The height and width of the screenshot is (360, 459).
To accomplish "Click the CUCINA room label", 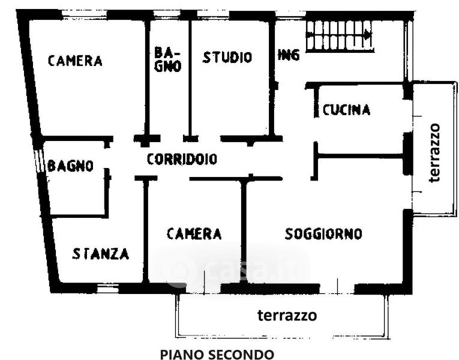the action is coord(346,110).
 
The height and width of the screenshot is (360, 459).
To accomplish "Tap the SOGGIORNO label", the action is coord(323,233).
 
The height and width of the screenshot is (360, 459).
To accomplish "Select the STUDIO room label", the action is coord(227,58).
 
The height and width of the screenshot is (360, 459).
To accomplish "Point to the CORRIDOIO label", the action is coord(182,160).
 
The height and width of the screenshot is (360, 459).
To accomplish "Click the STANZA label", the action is coord(101,254).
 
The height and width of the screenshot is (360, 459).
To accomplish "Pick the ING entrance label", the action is coord(289,55).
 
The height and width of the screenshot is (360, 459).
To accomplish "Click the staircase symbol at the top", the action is coord(340,35).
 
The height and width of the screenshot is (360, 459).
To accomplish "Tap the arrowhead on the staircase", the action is coord(367,35).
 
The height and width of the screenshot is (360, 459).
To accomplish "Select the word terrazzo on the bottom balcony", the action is coord(287,315).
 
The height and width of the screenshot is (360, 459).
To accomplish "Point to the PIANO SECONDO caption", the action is coord(217,354).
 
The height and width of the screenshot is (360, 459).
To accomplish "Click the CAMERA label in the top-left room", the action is coord(75,61).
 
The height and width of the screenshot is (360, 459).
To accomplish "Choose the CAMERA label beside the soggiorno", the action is coord(194,233).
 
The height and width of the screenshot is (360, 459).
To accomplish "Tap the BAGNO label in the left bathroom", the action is coord(71,166).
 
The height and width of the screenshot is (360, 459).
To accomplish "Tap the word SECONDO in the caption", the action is coord(241,354).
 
